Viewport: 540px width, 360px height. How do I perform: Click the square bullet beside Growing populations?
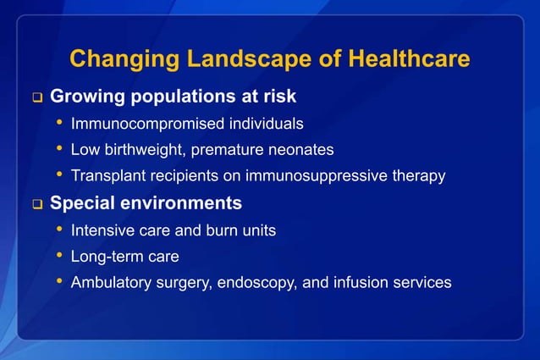click(x=36, y=97)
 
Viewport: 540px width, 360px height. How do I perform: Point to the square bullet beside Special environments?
click(x=36, y=204)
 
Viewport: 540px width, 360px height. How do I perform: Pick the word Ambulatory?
click(x=108, y=282)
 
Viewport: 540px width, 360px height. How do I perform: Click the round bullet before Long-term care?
click(x=59, y=255)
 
